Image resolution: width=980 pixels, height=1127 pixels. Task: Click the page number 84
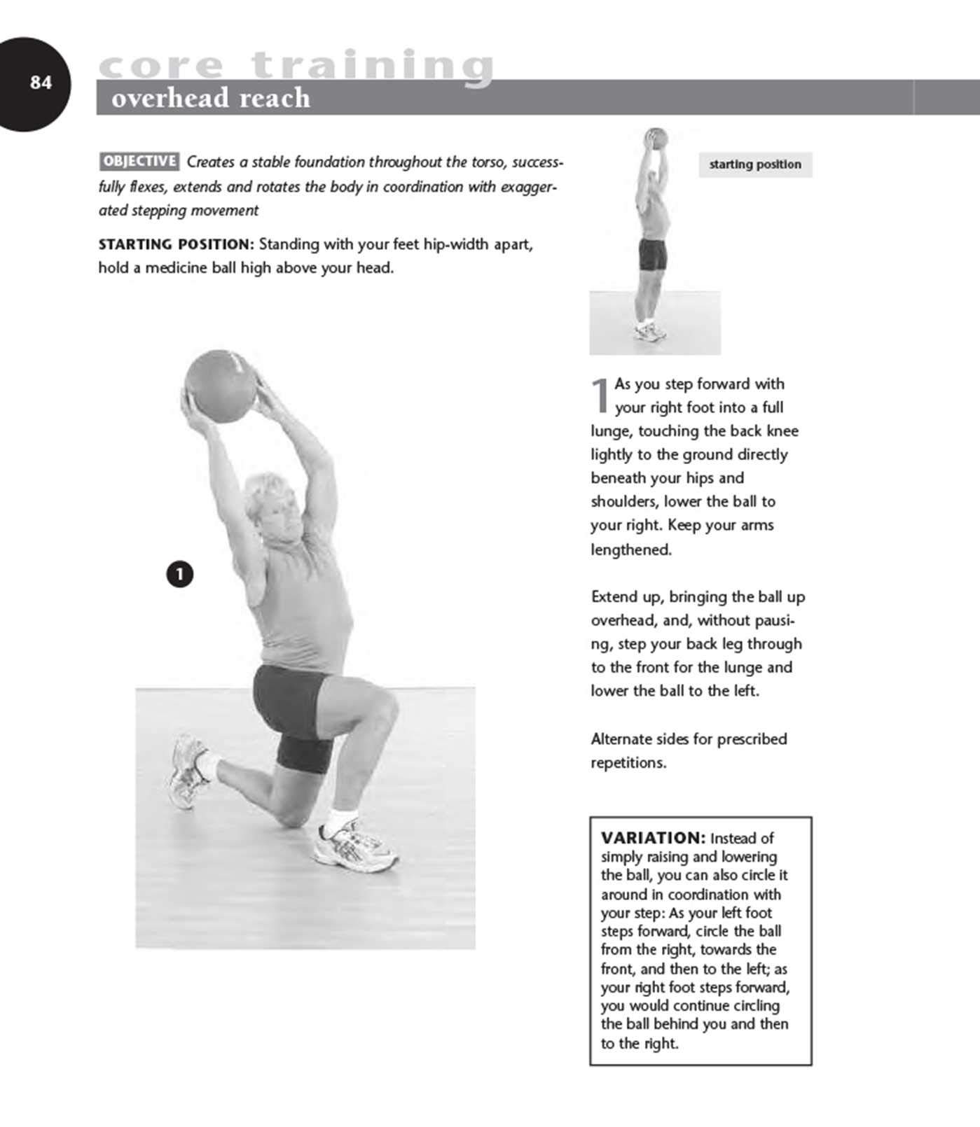tap(41, 83)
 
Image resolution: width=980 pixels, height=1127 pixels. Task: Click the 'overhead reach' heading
tap(210, 98)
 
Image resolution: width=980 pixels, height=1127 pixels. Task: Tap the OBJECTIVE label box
tap(139, 161)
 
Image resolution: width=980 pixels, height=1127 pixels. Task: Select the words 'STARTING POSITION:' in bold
tap(176, 244)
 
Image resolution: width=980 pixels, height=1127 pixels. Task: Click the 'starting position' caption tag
tap(754, 164)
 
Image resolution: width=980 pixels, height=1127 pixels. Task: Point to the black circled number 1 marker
tap(180, 574)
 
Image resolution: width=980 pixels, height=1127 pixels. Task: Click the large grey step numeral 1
tap(600, 395)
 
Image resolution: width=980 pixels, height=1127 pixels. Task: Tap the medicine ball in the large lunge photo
tap(219, 386)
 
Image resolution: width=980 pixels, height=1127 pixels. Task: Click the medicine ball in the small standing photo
tap(655, 137)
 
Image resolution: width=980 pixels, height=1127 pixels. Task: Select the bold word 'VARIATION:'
tap(653, 838)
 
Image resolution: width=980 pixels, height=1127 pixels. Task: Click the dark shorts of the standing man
tap(652, 255)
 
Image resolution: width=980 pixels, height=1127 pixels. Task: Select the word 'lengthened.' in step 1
tap(630, 549)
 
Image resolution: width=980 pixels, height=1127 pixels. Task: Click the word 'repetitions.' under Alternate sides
tap(628, 762)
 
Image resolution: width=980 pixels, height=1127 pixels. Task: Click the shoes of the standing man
tap(651, 332)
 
